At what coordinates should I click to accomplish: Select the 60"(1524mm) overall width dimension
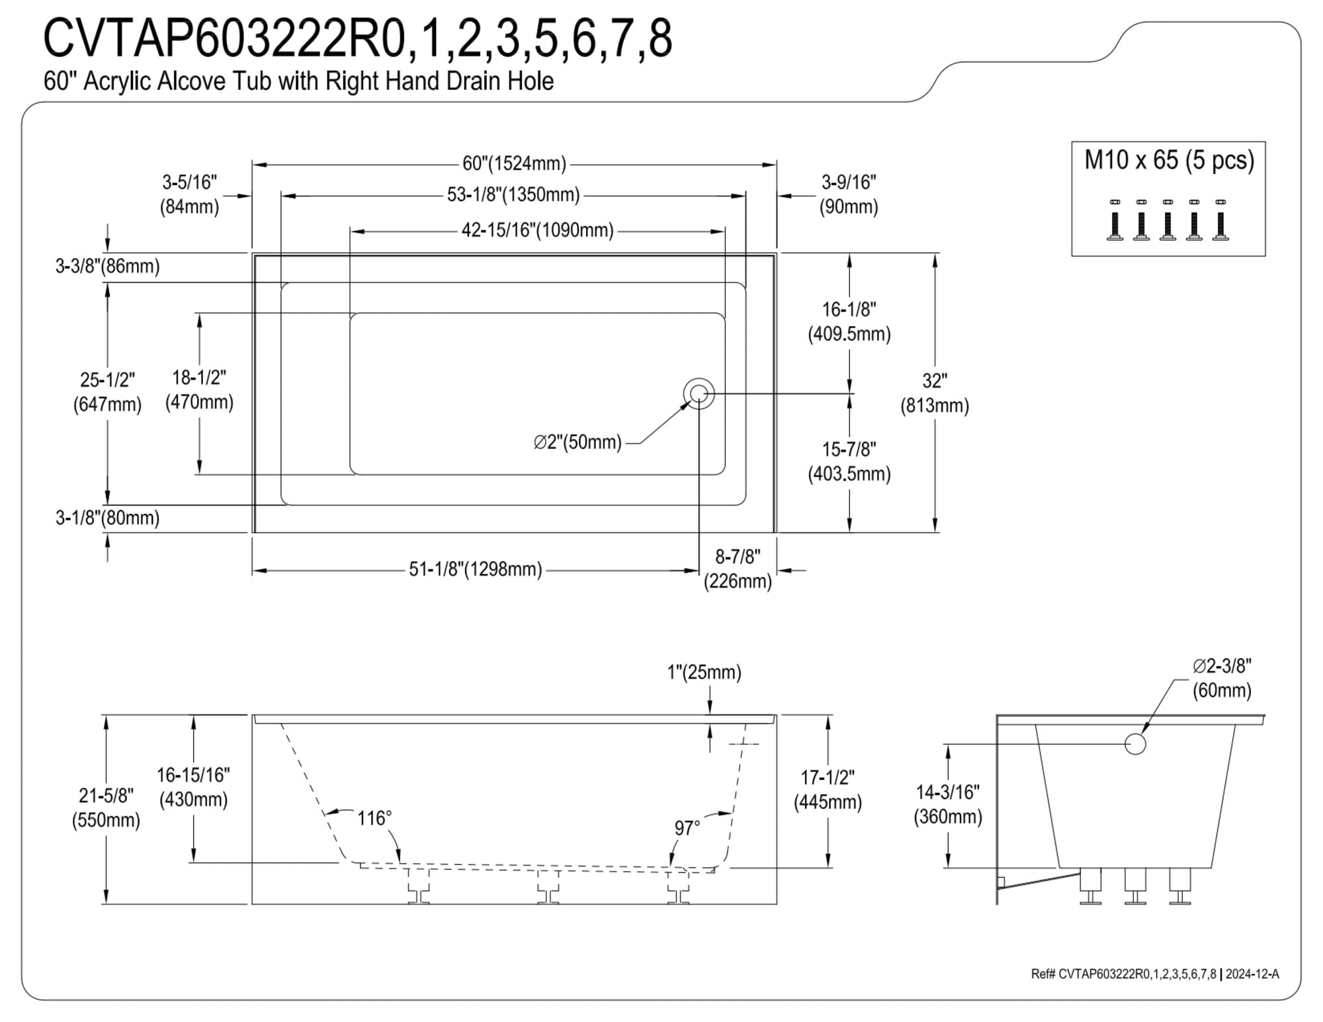pyautogui.click(x=514, y=163)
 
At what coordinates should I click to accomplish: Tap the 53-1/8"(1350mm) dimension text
pyautogui.click(x=513, y=194)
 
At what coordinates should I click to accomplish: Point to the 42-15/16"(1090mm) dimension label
pyautogui.click(x=538, y=230)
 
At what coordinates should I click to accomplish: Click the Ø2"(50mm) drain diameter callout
pyautogui.click(x=577, y=442)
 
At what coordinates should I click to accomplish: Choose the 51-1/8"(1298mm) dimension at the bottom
pyautogui.click(x=476, y=569)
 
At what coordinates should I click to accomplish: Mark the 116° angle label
pyautogui.click(x=374, y=818)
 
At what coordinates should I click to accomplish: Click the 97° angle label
pyautogui.click(x=687, y=828)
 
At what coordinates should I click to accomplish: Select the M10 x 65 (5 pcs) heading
pyautogui.click(x=1169, y=160)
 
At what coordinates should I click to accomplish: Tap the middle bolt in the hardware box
pyautogui.click(x=1168, y=220)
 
